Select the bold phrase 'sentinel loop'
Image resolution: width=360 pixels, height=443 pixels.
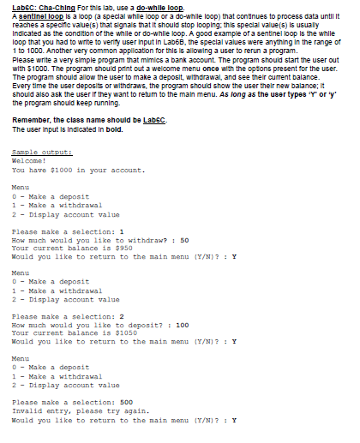click(x=38, y=15)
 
